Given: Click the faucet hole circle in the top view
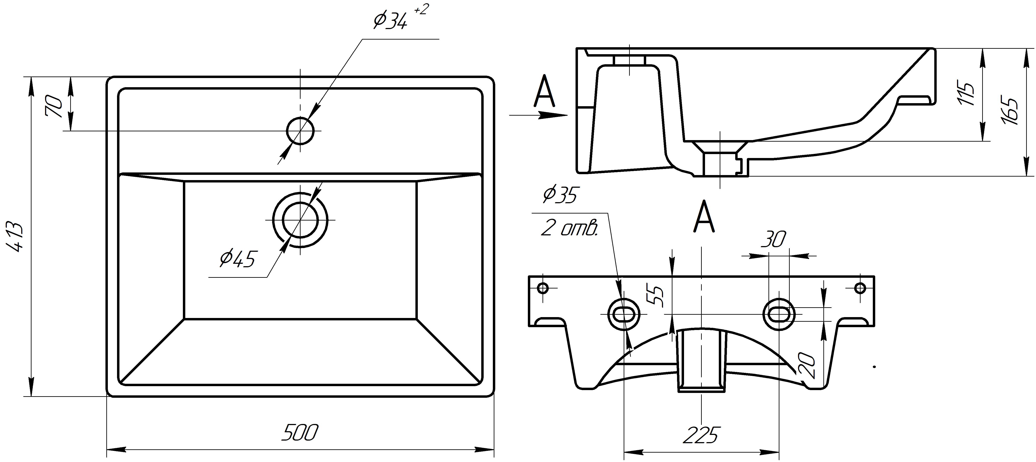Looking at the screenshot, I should [300, 130].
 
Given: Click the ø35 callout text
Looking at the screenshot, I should [560, 195].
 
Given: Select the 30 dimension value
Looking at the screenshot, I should [773, 240].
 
